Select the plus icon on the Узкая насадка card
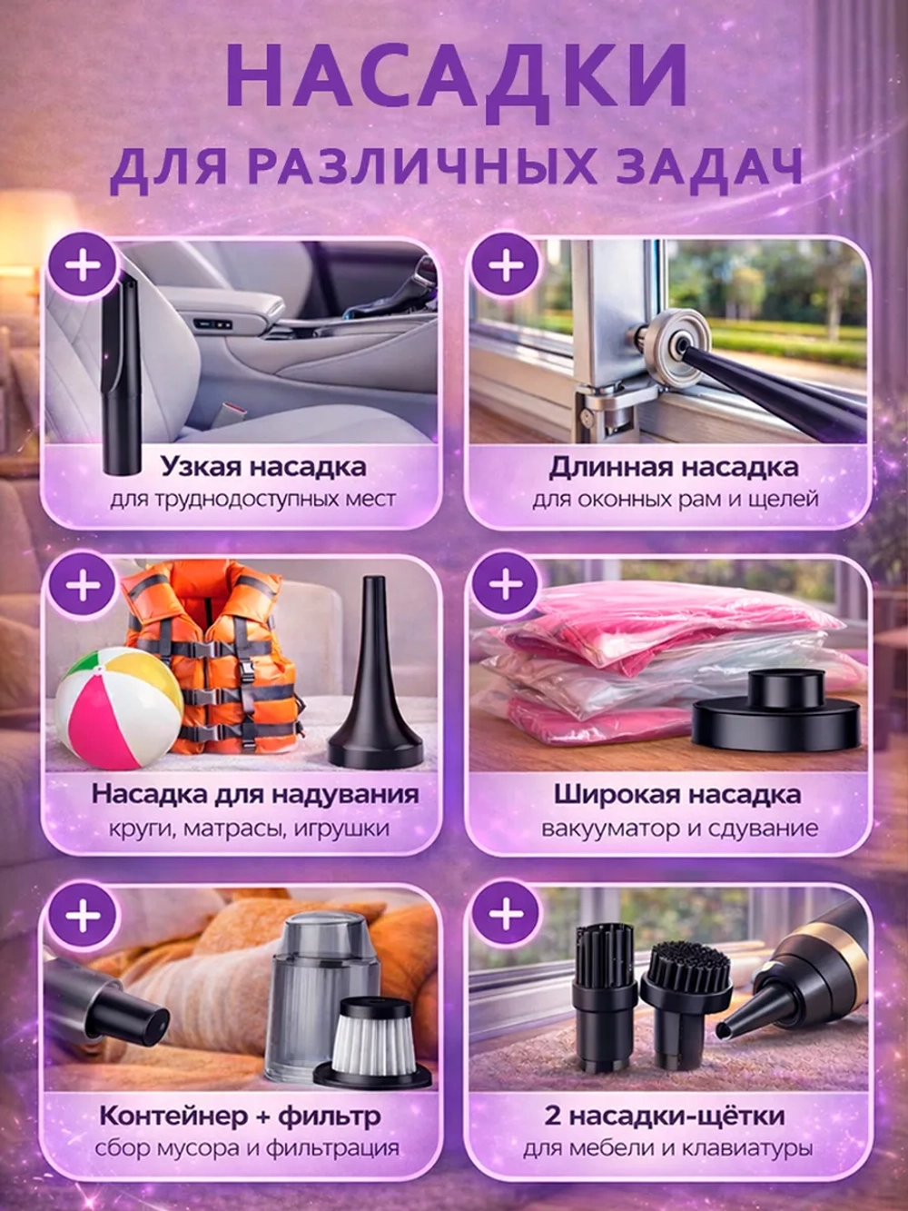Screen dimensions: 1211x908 [x=84, y=266]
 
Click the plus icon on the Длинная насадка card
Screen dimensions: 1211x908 [x=507, y=266]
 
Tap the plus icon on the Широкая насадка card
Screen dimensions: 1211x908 [x=507, y=584]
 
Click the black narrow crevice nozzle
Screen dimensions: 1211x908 [x=120, y=382]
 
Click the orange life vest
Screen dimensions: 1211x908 [x=218, y=654]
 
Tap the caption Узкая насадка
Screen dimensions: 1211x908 [x=263, y=467]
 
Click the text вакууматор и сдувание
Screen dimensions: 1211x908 [x=679, y=829]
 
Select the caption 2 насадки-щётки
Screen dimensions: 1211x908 [x=665, y=1116]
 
